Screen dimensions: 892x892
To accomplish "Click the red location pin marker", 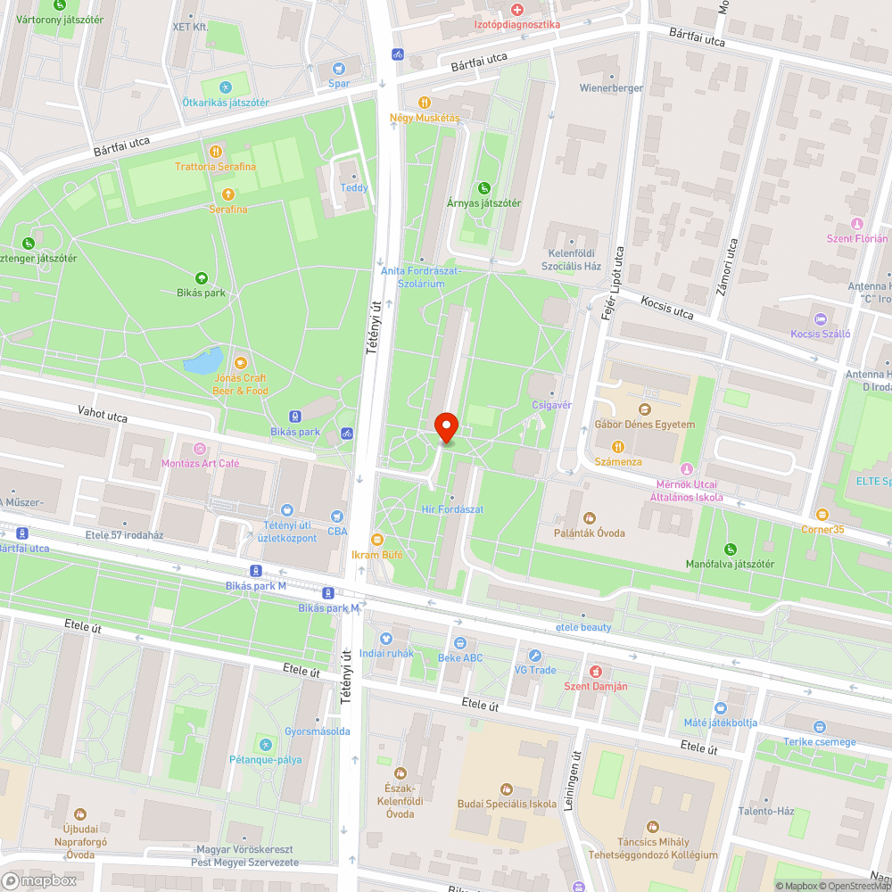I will pyautogui.click(x=445, y=427).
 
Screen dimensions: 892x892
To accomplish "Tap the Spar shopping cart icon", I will pyautogui.click(x=338, y=69).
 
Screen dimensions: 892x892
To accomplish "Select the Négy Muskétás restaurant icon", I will pyautogui.click(x=425, y=103).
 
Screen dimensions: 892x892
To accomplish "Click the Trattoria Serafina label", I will pyautogui.click(x=215, y=167).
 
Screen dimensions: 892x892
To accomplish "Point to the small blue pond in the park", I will pyautogui.click(x=202, y=361).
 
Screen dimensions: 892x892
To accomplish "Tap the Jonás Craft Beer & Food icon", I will pyautogui.click(x=240, y=363).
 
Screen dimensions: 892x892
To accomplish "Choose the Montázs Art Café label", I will pyautogui.click(x=200, y=463).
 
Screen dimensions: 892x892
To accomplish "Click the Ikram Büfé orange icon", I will pyautogui.click(x=377, y=540).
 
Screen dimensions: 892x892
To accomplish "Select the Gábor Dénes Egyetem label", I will pyautogui.click(x=644, y=425).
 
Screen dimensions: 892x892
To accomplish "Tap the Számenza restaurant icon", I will pyautogui.click(x=616, y=446).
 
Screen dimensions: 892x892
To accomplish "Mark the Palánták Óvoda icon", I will pyautogui.click(x=588, y=517).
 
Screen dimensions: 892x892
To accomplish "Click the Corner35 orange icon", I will pyautogui.click(x=822, y=515).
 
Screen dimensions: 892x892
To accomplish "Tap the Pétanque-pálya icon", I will pyautogui.click(x=264, y=745).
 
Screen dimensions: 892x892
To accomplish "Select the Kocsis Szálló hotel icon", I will pyautogui.click(x=821, y=318).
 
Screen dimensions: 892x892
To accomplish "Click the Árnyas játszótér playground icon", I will pyautogui.click(x=483, y=187).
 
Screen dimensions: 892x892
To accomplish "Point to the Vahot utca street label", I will pyautogui.click(x=103, y=415).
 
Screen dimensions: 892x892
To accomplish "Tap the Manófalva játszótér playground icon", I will pyautogui.click(x=731, y=549).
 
